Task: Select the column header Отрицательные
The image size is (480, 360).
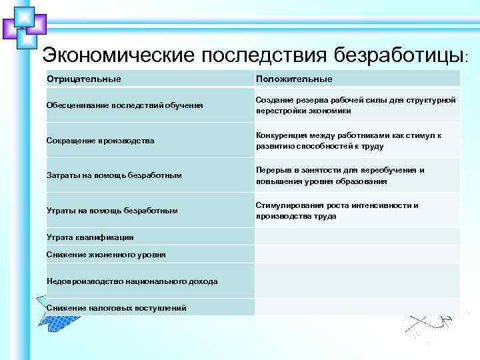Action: (83, 79)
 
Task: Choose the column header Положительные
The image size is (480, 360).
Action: (294, 79)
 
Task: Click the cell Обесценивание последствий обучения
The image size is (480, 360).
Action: (125, 105)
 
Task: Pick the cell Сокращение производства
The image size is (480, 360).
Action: (100, 141)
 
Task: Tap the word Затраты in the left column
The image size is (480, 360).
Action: (64, 175)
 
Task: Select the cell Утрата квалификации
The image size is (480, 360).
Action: (90, 237)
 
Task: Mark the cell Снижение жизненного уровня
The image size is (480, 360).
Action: (106, 255)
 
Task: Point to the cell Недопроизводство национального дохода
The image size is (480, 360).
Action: (132, 281)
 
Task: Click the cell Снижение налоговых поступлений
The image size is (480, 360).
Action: (116, 307)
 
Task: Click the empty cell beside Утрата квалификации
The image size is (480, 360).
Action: (357, 237)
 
